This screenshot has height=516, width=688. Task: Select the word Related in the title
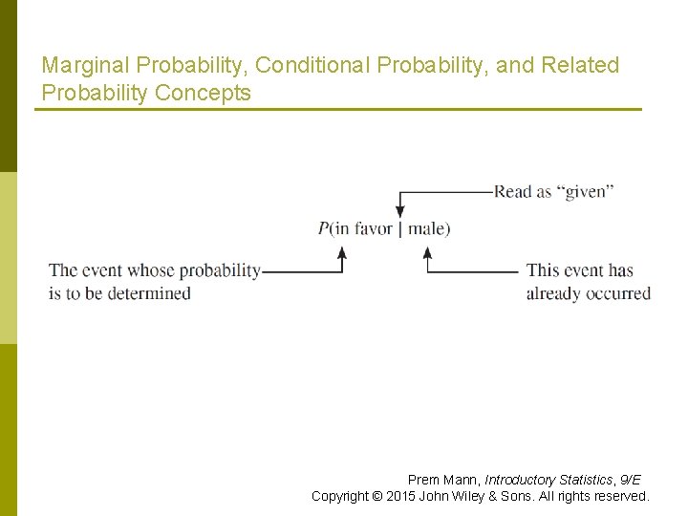coord(580,66)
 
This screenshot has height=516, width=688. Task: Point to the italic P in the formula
coord(324,228)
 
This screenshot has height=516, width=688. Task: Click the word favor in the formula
coord(374,228)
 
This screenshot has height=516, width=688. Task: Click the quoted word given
coord(586,191)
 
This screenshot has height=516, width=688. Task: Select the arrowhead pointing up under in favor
coord(342,252)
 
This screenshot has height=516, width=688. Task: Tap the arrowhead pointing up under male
coord(428,252)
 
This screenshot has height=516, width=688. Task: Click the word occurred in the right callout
coord(621,293)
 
